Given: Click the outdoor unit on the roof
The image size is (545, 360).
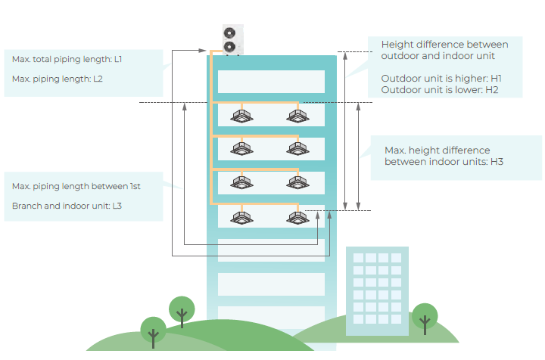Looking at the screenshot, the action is (233, 39).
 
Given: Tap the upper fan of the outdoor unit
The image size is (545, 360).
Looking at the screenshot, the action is (229, 33).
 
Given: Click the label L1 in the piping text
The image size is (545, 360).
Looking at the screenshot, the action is (118, 59).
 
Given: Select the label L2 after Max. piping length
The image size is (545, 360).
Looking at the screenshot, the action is (98, 79).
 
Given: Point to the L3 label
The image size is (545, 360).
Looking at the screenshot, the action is (117, 206).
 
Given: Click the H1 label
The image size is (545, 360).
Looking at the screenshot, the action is (496, 79).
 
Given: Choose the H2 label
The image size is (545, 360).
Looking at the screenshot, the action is (492, 90).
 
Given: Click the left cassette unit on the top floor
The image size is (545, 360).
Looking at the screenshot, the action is (241, 116).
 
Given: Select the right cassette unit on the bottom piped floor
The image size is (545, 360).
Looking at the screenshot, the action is (298, 218).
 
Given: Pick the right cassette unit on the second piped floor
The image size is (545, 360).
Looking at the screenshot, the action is (298, 149).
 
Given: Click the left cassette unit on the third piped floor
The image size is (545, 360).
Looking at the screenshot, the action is (241, 182).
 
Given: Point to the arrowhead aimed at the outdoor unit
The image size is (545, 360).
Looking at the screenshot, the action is (202, 51).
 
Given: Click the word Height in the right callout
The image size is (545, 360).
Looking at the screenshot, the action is (397, 45).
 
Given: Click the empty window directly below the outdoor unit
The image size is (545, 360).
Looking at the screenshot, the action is (271, 82).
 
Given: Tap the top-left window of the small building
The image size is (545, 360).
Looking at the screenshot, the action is (358, 258).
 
